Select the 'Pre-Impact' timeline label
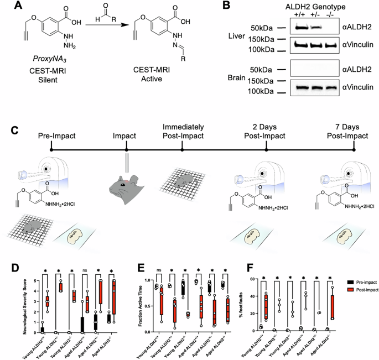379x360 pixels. (x=56, y=135)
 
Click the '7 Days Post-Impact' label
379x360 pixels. (x=352, y=130)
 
